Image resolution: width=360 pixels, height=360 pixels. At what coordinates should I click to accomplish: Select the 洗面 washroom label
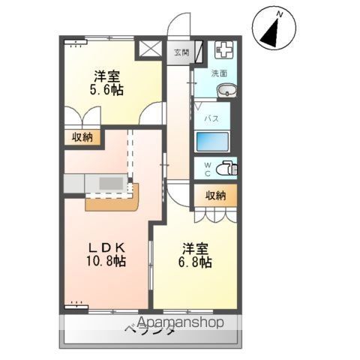(x=220, y=73)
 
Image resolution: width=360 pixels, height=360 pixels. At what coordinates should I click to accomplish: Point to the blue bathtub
(x=215, y=141)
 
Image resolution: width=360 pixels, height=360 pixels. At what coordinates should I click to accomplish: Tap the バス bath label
(x=213, y=118)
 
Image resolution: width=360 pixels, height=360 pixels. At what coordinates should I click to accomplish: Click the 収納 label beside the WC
(x=215, y=196)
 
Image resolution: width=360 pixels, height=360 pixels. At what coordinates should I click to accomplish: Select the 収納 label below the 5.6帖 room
(x=82, y=137)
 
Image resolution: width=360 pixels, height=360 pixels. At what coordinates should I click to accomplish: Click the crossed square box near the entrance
(x=149, y=51)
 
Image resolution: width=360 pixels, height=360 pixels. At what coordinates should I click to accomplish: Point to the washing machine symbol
(x=223, y=51)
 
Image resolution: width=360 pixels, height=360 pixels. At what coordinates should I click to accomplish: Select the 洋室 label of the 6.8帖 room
(x=195, y=247)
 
